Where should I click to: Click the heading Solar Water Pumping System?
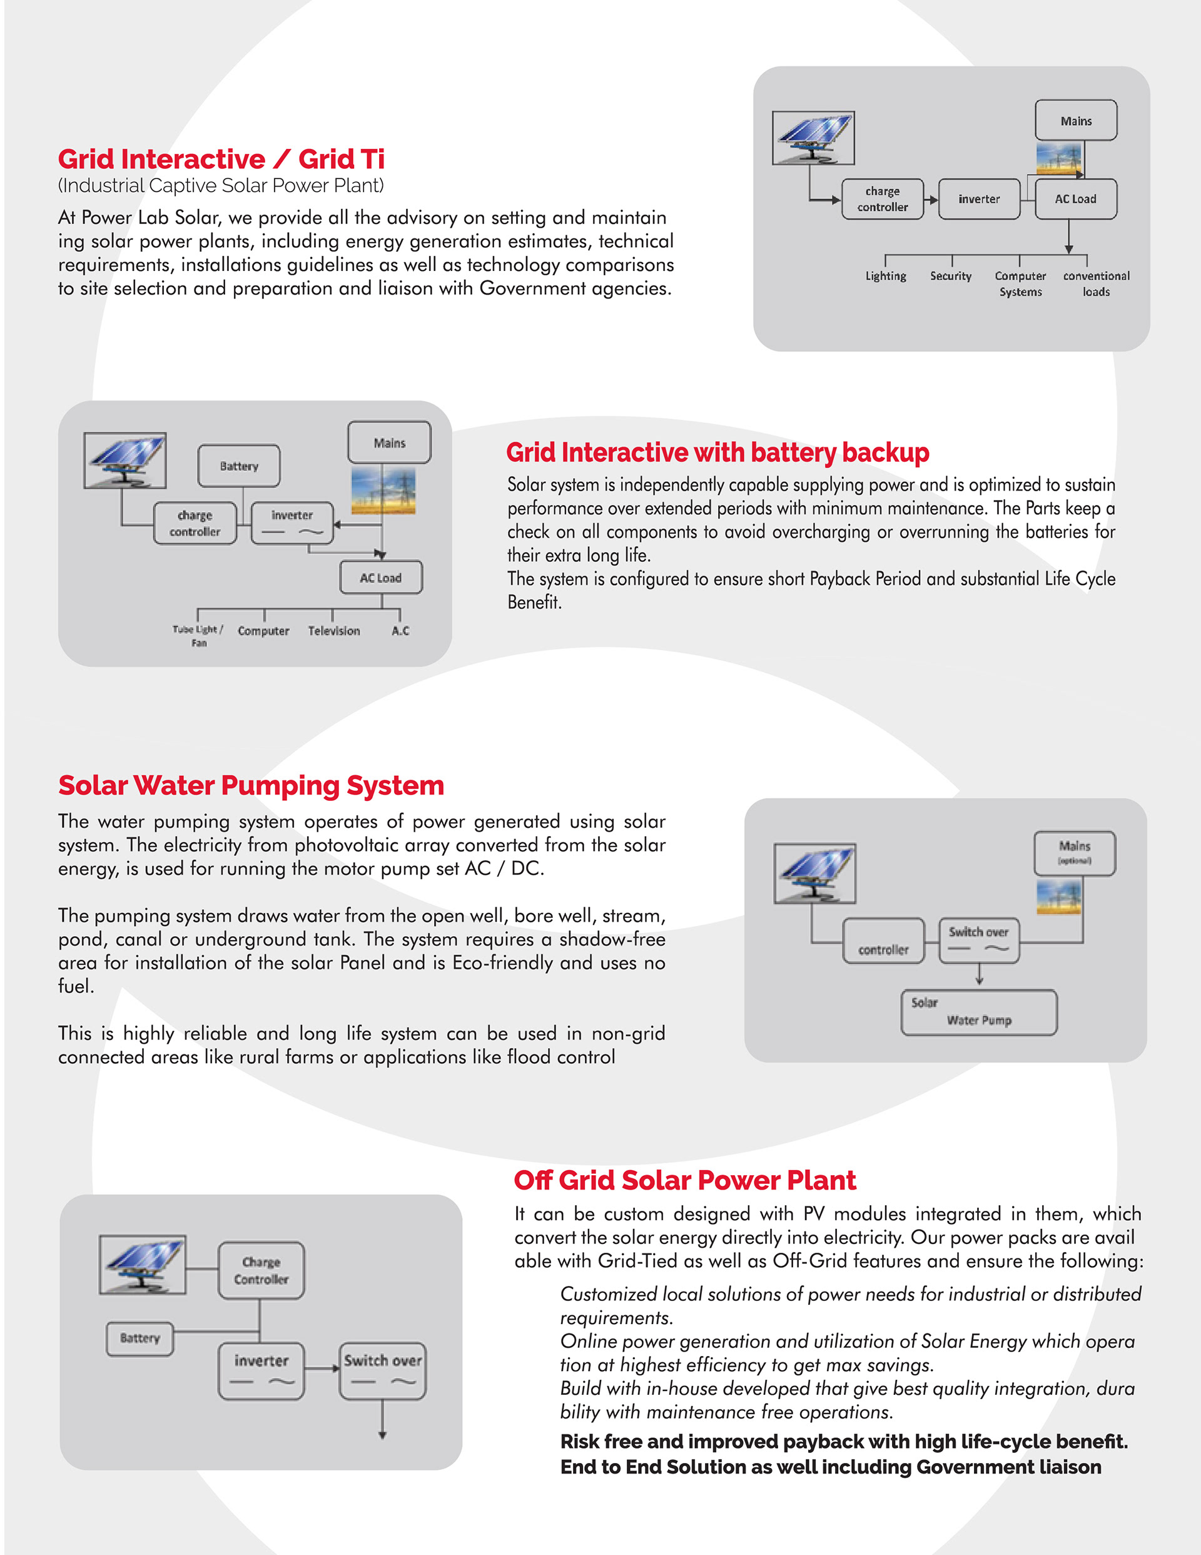(251, 785)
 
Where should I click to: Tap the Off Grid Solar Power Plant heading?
(684, 1181)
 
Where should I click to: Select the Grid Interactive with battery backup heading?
(717, 453)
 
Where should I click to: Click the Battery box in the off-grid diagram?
(140, 1338)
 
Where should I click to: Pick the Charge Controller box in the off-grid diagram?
(261, 1271)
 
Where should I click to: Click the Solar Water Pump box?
(979, 1012)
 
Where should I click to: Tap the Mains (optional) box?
(1074, 852)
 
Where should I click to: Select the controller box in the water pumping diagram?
(883, 942)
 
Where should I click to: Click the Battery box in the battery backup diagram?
(238, 466)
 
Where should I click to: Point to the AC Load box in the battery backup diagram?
(381, 578)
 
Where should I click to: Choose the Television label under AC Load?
(334, 631)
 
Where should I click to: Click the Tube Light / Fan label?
(198, 636)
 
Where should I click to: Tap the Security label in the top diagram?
(950, 276)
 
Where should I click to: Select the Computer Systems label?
(1020, 283)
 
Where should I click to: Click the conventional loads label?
(1097, 283)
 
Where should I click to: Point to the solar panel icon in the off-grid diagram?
(143, 1265)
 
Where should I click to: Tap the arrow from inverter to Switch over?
(323, 1369)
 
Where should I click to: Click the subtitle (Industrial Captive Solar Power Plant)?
(221, 186)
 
